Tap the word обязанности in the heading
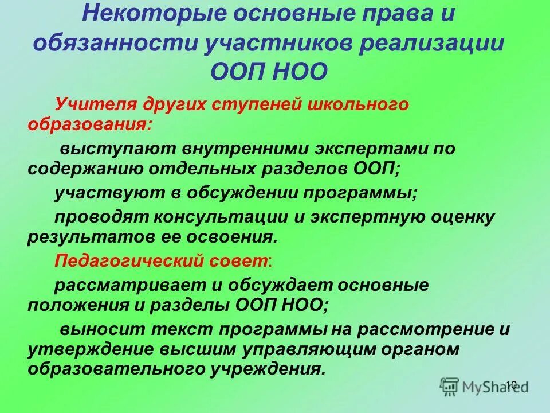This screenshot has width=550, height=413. pos(117,44)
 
